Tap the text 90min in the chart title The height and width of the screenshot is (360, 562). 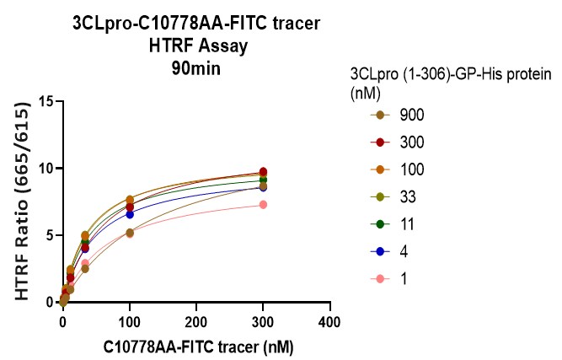tap(195, 69)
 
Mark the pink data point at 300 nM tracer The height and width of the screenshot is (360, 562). tap(263, 205)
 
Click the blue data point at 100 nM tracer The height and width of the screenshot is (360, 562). tap(129, 214)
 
